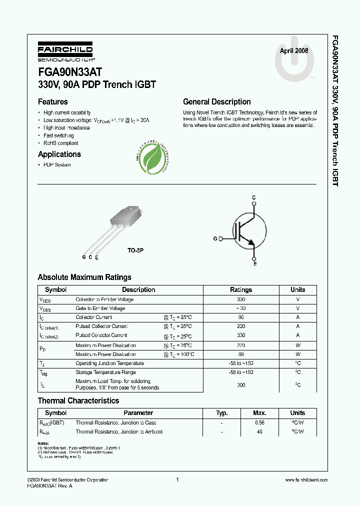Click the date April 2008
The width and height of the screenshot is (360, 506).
coord(293,51)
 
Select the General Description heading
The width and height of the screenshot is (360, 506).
coord(216,102)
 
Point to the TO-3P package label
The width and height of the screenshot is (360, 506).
coord(135,249)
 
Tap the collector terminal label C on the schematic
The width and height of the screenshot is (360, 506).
coord(254,198)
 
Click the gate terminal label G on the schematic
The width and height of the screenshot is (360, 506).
coord(215,239)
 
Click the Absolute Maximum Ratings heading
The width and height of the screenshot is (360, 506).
coord(84,277)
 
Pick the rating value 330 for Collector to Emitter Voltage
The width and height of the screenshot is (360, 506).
coord(241,299)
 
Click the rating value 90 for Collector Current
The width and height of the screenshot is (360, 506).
coord(241,317)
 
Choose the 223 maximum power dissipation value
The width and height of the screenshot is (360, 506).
coord(241,345)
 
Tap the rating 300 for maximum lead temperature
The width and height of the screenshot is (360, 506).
coord(241,385)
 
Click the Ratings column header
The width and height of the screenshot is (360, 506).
coord(241,290)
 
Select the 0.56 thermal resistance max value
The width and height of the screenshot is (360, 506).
coord(259,423)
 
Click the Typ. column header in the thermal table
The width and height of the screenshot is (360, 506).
coord(221,413)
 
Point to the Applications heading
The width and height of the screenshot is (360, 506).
coord(59,154)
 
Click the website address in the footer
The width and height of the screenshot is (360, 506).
coord(306,480)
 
